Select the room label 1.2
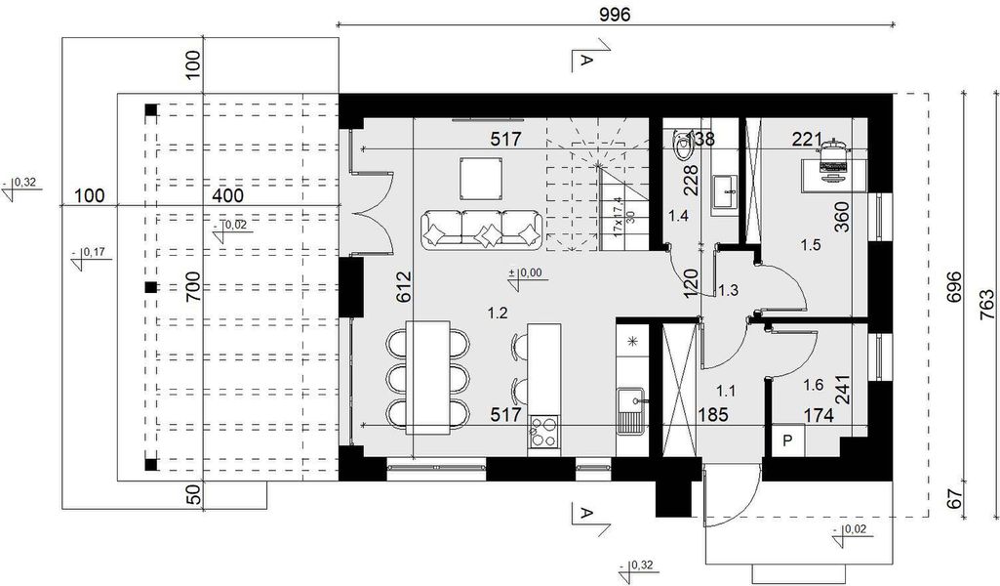(498, 313)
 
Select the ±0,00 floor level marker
(528, 274)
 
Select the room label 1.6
(811, 386)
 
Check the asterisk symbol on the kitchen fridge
(632, 341)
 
